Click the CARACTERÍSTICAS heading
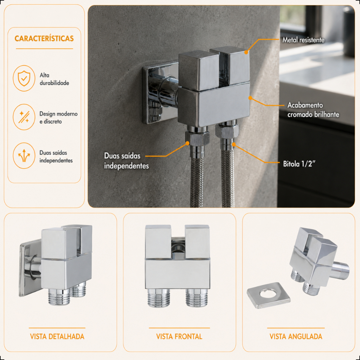(x=44, y=38)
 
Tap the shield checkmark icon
(x=24, y=78)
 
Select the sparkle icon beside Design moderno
(x=24, y=117)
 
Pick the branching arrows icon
(x=24, y=156)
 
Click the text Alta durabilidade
(x=54, y=79)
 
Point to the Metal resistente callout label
(x=303, y=40)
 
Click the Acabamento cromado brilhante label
(x=313, y=110)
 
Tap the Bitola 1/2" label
(x=299, y=164)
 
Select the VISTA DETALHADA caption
(x=57, y=336)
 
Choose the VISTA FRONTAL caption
(x=179, y=336)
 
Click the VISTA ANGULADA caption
(x=296, y=336)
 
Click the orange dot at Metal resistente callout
(x=246, y=52)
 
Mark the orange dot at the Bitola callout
(x=233, y=144)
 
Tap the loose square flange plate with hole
(x=268, y=295)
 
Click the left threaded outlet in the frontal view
(x=159, y=298)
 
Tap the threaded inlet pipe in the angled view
(x=341, y=270)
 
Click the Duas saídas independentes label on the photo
(x=127, y=161)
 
